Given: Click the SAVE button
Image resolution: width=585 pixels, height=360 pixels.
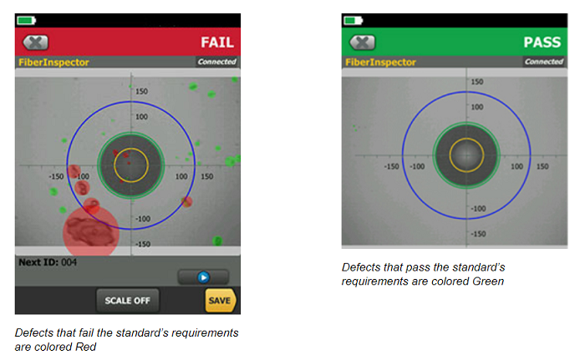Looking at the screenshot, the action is click(x=220, y=301).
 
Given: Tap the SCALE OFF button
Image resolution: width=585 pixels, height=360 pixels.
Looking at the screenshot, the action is click(x=127, y=301).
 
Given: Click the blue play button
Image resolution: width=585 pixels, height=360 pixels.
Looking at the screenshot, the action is click(x=203, y=277).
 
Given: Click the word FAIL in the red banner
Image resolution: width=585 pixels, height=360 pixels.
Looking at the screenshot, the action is click(x=217, y=42).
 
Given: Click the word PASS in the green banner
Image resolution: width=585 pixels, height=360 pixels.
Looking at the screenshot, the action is click(x=542, y=42).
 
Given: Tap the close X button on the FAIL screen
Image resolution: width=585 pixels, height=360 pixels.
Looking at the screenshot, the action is click(x=35, y=43).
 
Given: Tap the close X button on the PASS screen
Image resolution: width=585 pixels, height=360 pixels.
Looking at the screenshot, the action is click(x=362, y=43).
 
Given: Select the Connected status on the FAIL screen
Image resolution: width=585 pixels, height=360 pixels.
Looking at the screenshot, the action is click(x=217, y=62).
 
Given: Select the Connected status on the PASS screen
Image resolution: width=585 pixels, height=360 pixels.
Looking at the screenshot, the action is click(x=544, y=62).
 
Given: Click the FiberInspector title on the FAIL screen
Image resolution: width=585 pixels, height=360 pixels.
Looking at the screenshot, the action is click(x=54, y=63).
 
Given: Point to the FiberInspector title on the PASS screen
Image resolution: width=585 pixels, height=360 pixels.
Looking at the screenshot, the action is click(x=380, y=63).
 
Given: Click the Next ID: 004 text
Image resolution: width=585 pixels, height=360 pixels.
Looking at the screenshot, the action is click(x=48, y=262).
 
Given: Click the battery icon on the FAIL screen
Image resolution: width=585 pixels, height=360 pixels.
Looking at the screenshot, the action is click(x=26, y=20).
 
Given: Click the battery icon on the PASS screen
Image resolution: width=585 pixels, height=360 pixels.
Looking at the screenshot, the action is click(x=353, y=20).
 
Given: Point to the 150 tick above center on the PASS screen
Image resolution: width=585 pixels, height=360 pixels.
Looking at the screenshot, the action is click(x=477, y=82).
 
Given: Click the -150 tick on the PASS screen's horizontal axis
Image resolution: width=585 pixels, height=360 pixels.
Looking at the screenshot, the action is click(x=391, y=166).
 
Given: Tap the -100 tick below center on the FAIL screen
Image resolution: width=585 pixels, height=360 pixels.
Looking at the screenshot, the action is click(x=143, y=219).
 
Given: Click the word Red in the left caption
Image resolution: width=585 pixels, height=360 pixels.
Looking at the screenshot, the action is click(x=86, y=347).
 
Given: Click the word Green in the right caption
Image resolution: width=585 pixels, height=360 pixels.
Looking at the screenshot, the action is click(x=488, y=281).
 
